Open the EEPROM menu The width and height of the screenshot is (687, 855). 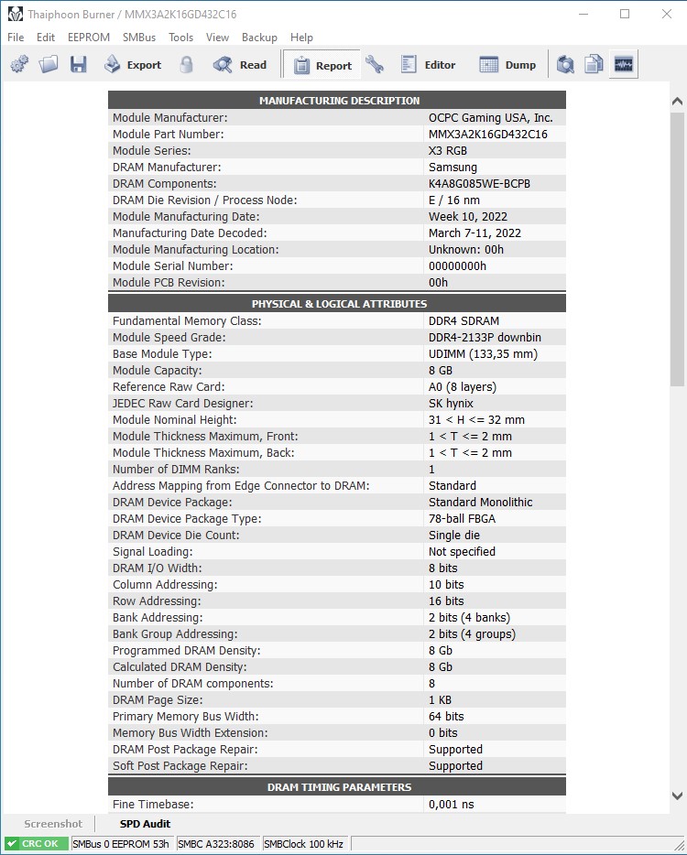coord(88,38)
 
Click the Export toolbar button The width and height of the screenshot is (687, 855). coord(133,65)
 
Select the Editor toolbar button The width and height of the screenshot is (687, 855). coord(428,65)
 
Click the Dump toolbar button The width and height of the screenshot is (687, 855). coord(508,65)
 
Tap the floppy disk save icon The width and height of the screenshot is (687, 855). coord(79,65)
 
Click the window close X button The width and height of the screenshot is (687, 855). coord(666,14)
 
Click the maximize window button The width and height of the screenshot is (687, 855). coord(625,14)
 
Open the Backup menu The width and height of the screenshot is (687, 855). coord(259,38)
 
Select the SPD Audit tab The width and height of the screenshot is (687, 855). coord(145,824)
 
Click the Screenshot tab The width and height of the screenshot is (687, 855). coord(53,824)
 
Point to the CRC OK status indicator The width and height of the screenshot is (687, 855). coord(37,843)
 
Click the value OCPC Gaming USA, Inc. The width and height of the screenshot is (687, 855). coord(490,118)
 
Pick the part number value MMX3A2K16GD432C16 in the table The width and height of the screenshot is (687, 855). coord(487,135)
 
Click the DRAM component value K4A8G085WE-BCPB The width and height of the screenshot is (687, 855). coord(479,184)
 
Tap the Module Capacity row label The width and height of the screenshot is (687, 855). coord(158,371)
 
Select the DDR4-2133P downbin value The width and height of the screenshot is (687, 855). coord(485,338)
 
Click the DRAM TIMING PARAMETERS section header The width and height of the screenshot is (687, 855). coord(338,787)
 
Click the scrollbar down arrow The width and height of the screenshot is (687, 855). coord(677,795)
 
